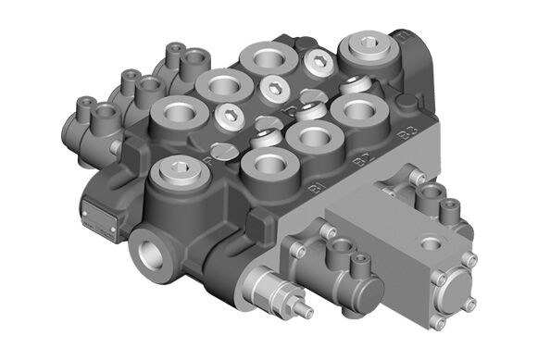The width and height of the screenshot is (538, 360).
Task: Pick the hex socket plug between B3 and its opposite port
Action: pyautogui.click(x=316, y=65)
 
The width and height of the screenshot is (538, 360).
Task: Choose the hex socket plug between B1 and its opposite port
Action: pyautogui.click(x=227, y=116)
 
